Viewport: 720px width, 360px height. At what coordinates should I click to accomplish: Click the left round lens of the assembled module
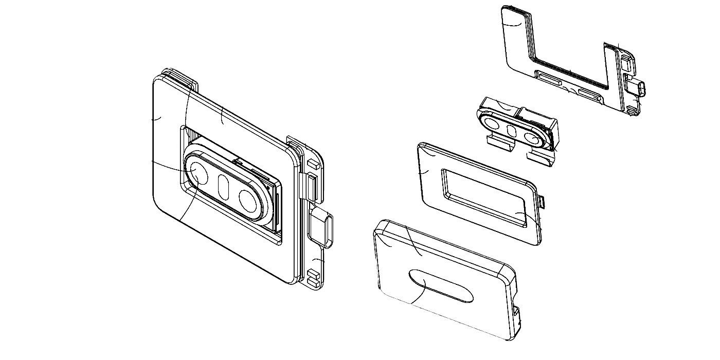tap(197, 173)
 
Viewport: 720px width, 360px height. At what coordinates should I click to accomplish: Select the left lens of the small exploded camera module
tap(492, 123)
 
